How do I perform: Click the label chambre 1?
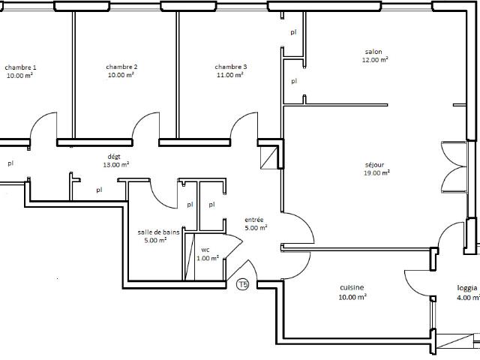click(x=20, y=67)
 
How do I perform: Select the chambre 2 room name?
click(x=121, y=67)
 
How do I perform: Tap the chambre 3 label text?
click(x=230, y=67)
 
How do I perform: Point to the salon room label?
click(x=373, y=52)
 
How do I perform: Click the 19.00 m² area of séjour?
click(x=376, y=172)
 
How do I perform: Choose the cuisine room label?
click(x=352, y=288)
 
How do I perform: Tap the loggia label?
click(x=468, y=288)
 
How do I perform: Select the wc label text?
click(x=205, y=250)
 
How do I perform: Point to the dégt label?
click(x=115, y=157)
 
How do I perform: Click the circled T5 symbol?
click(x=242, y=284)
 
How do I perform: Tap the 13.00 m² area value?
click(x=115, y=164)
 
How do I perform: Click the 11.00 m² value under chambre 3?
click(x=230, y=75)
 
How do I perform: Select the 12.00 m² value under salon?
click(x=373, y=59)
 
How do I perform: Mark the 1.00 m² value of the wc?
click(x=207, y=259)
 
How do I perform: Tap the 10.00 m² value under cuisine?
click(x=352, y=297)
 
